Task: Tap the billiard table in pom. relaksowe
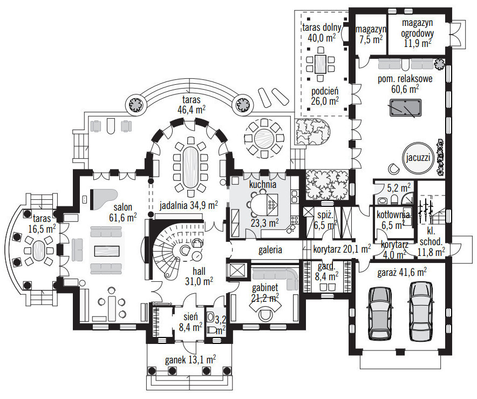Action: point(403,109)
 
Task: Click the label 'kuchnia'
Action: point(263,184)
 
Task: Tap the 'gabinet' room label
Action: point(264,287)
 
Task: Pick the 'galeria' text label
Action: point(270,250)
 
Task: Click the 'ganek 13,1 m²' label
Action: point(190,359)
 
